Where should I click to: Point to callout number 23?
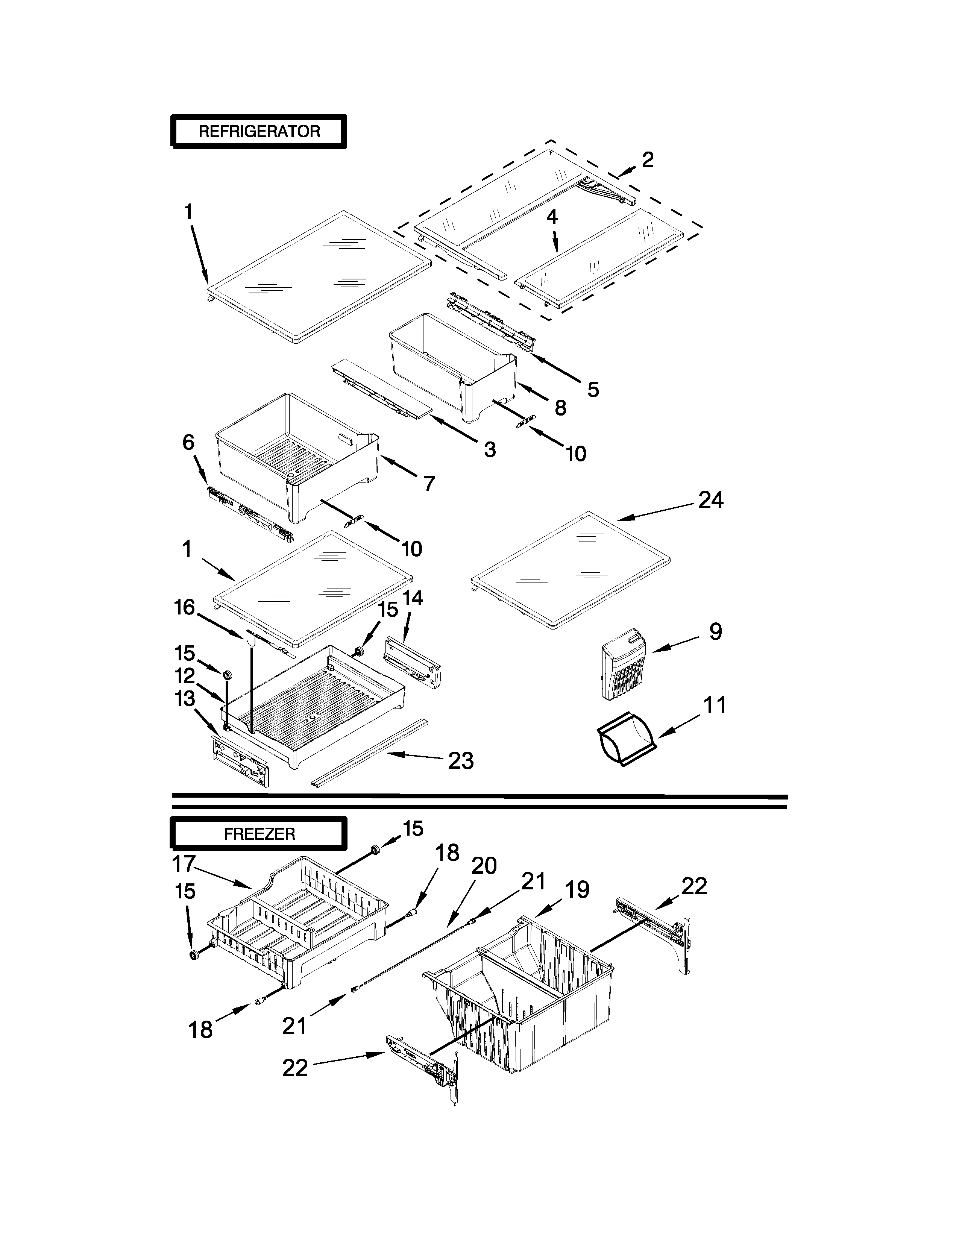[460, 760]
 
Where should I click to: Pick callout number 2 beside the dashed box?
[647, 160]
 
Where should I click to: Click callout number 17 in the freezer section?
[184, 864]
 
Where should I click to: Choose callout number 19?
[577, 889]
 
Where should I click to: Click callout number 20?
[484, 865]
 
